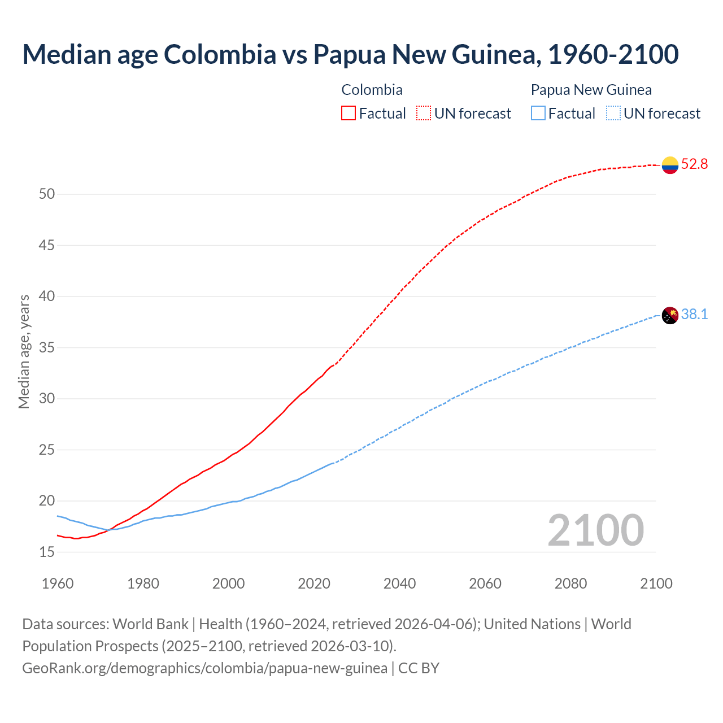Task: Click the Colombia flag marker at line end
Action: point(670,165)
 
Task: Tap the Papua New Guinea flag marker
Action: point(670,315)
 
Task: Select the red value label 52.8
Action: point(694,164)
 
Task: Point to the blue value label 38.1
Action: point(694,315)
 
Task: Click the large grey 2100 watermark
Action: point(595,530)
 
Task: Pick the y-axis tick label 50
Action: point(47,194)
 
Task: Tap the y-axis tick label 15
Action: point(47,552)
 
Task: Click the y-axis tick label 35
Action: point(47,348)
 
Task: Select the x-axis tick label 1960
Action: point(58,583)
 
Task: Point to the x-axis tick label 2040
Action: point(399,583)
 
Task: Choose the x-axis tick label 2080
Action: point(570,583)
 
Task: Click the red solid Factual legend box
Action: point(349,114)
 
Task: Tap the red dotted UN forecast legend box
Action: point(424,114)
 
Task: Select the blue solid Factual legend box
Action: point(538,114)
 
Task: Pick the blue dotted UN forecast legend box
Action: point(613,114)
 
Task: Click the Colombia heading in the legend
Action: point(372,90)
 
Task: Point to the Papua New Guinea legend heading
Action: point(591,90)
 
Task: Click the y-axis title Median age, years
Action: point(24,351)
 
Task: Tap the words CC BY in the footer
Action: point(419,668)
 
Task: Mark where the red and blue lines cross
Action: point(108,530)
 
